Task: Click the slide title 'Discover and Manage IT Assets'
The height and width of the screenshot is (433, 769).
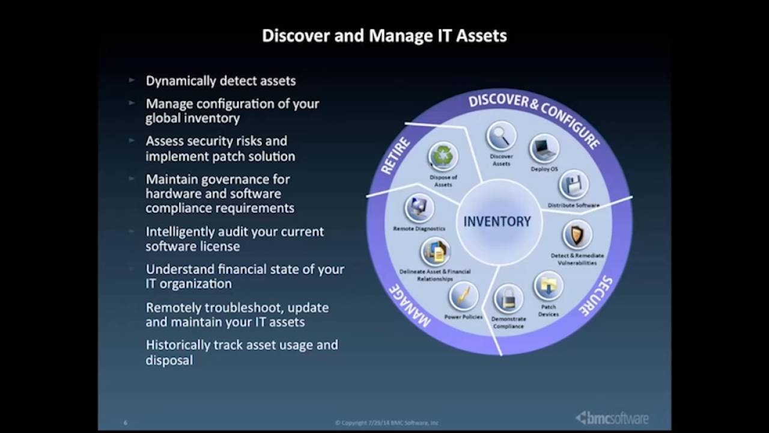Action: coord(384,36)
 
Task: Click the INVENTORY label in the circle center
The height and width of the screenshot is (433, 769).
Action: coord(497,221)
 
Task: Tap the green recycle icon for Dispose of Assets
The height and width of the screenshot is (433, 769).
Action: coord(443,158)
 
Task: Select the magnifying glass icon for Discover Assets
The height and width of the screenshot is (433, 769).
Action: coord(501,137)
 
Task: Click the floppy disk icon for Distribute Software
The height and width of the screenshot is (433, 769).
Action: coord(573,185)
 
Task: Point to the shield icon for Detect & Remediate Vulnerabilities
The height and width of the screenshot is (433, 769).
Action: coord(577,235)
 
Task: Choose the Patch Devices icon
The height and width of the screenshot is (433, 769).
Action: coord(548,286)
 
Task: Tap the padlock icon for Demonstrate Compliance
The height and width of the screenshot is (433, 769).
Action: coord(508,298)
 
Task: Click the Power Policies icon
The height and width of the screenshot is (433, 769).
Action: coord(463,296)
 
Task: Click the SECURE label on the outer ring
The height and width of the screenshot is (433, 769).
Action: coord(596,296)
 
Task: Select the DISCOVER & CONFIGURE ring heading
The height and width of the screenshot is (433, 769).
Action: coord(533,117)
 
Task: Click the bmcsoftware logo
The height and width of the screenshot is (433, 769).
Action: coord(612,417)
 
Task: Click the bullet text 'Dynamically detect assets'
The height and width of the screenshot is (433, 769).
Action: coord(220,81)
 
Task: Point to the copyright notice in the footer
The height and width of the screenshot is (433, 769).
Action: coord(386,423)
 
